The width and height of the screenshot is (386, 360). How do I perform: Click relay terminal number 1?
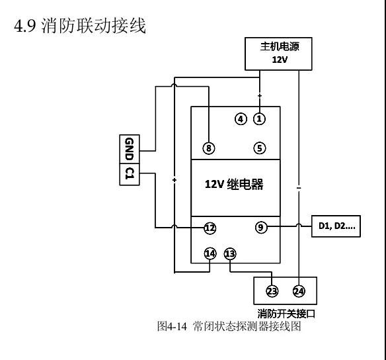coord(259,119)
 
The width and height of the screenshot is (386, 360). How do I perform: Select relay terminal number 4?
coord(241,119)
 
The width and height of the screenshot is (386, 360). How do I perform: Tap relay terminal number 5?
coord(259,148)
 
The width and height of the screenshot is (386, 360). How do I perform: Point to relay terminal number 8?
coord(209,148)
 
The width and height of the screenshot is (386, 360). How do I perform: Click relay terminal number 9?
coord(261,228)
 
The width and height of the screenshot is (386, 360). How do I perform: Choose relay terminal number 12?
coord(210,228)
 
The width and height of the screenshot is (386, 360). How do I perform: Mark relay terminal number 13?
coord(230,253)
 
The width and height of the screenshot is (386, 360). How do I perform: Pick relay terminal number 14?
coord(210,253)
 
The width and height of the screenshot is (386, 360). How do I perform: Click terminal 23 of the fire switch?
coord(272,291)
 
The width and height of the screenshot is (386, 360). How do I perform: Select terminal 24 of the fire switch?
coord(299,291)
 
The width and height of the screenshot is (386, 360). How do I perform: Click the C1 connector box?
coord(129,174)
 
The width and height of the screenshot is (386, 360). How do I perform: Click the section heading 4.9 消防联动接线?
coord(80,28)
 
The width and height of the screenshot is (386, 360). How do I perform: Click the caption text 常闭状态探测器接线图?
coord(247,326)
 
